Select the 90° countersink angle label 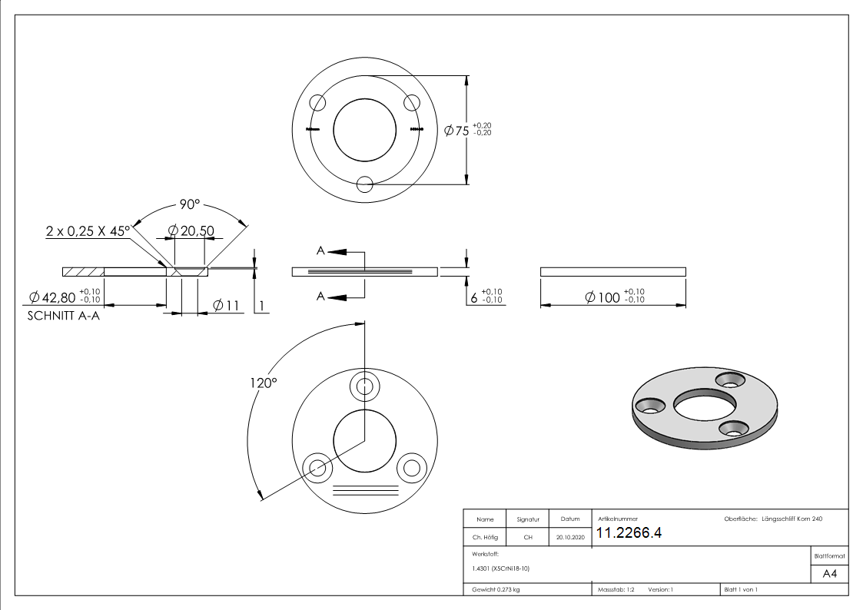click(x=190, y=204)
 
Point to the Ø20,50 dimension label click(x=190, y=230)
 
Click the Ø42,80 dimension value click(x=52, y=297)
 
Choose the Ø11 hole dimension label click(x=226, y=306)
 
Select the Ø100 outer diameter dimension click(x=602, y=297)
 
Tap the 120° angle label click(x=262, y=382)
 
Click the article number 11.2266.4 click(x=629, y=534)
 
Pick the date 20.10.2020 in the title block click(x=569, y=538)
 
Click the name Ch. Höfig click(x=485, y=538)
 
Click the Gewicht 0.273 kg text click(x=495, y=590)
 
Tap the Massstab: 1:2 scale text click(x=616, y=590)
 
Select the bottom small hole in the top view click(x=365, y=184)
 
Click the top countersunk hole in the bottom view click(x=364, y=386)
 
